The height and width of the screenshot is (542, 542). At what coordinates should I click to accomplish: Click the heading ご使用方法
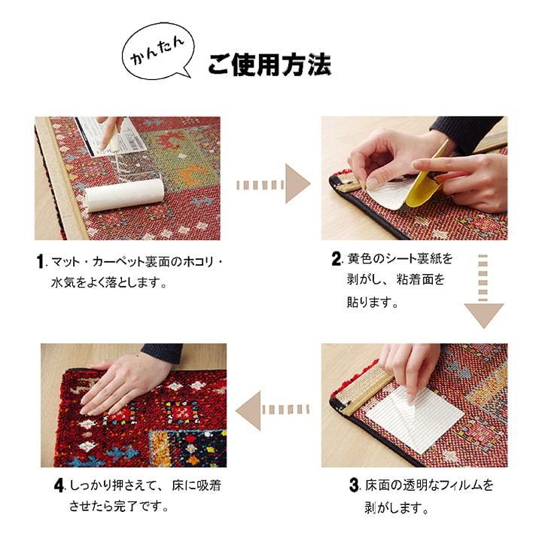click(x=269, y=65)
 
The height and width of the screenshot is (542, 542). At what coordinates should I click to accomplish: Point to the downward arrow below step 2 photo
click(x=483, y=293)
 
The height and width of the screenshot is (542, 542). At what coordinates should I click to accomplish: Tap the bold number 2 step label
click(x=336, y=260)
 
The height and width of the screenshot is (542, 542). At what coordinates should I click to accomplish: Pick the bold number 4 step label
click(x=58, y=486)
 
